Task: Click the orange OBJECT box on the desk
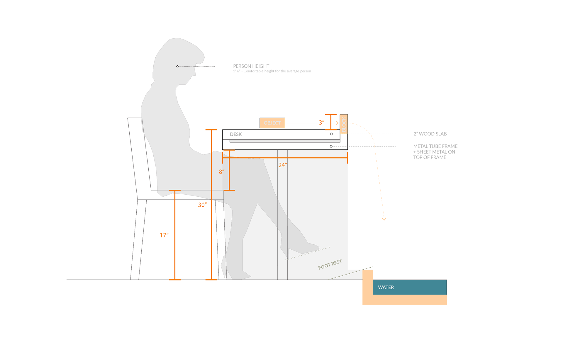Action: [x=272, y=123]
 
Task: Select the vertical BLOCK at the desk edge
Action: [x=344, y=124]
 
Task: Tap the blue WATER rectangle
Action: [x=409, y=287]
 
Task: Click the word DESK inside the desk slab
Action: [x=236, y=134]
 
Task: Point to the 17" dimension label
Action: [x=164, y=235]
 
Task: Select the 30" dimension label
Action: [x=202, y=205]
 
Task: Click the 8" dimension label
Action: [x=222, y=172]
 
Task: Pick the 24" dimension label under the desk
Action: [x=283, y=165]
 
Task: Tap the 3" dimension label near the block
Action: [x=322, y=123]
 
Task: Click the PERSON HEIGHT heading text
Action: [x=251, y=66]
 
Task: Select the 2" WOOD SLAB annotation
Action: [x=430, y=134]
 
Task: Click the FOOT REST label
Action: [x=330, y=264]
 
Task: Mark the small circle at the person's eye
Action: [x=177, y=67]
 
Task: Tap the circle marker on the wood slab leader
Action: [x=331, y=134]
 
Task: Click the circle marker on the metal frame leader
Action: [x=331, y=146]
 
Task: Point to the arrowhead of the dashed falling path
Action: [x=384, y=219]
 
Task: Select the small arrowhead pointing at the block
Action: [x=337, y=123]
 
